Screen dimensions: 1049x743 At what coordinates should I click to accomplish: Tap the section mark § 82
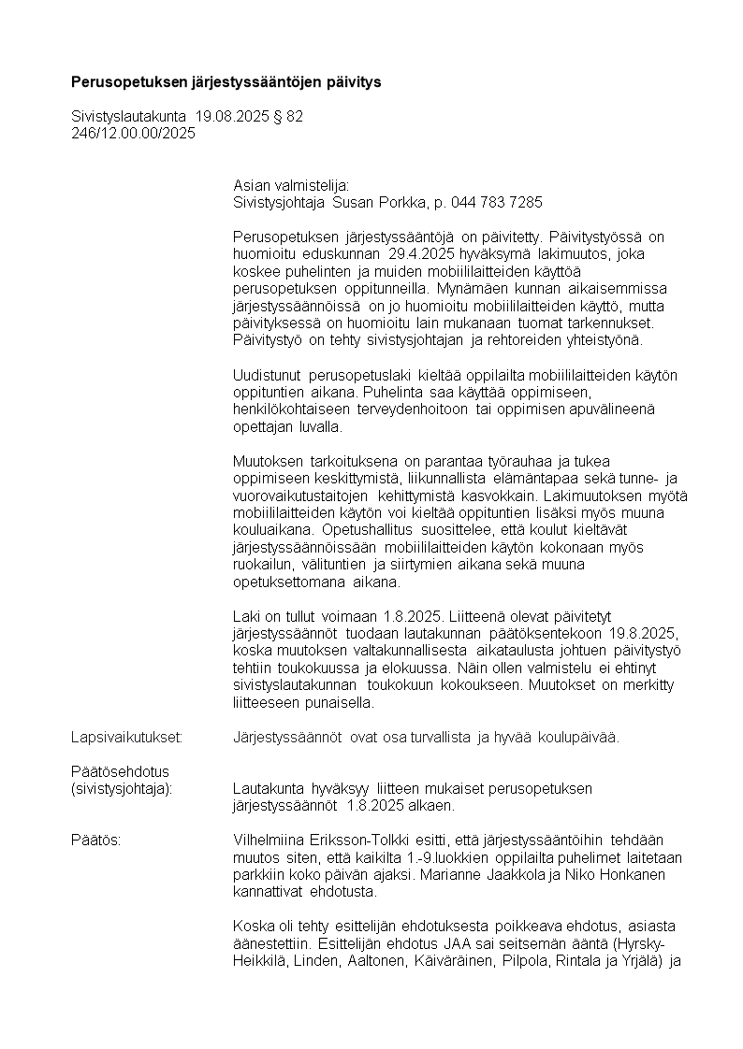[x=285, y=117]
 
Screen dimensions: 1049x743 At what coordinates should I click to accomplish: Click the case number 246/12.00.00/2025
[x=133, y=133]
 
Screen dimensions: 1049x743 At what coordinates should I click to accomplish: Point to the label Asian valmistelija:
[x=290, y=186]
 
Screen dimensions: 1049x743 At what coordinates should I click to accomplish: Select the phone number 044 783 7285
[x=496, y=202]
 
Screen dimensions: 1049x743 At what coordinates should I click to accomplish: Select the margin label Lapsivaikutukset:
[x=127, y=737]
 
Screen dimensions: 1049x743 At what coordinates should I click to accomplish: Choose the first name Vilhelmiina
[x=270, y=840]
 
